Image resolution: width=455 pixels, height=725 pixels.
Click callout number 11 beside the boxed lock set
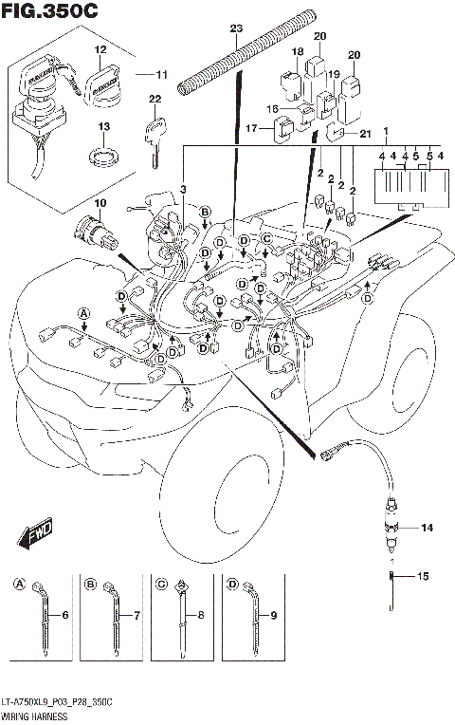161,72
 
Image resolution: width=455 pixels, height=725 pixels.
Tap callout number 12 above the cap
100,48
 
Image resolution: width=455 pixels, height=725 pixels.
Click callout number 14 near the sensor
426,527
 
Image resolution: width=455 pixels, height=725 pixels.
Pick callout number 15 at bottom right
424,576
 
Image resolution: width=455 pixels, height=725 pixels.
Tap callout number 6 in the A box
65,617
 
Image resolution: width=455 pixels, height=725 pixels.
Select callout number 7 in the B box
136,617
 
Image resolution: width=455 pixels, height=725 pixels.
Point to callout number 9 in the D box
274,617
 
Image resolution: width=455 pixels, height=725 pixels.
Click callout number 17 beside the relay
253,128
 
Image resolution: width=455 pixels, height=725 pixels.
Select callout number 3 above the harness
183,191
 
